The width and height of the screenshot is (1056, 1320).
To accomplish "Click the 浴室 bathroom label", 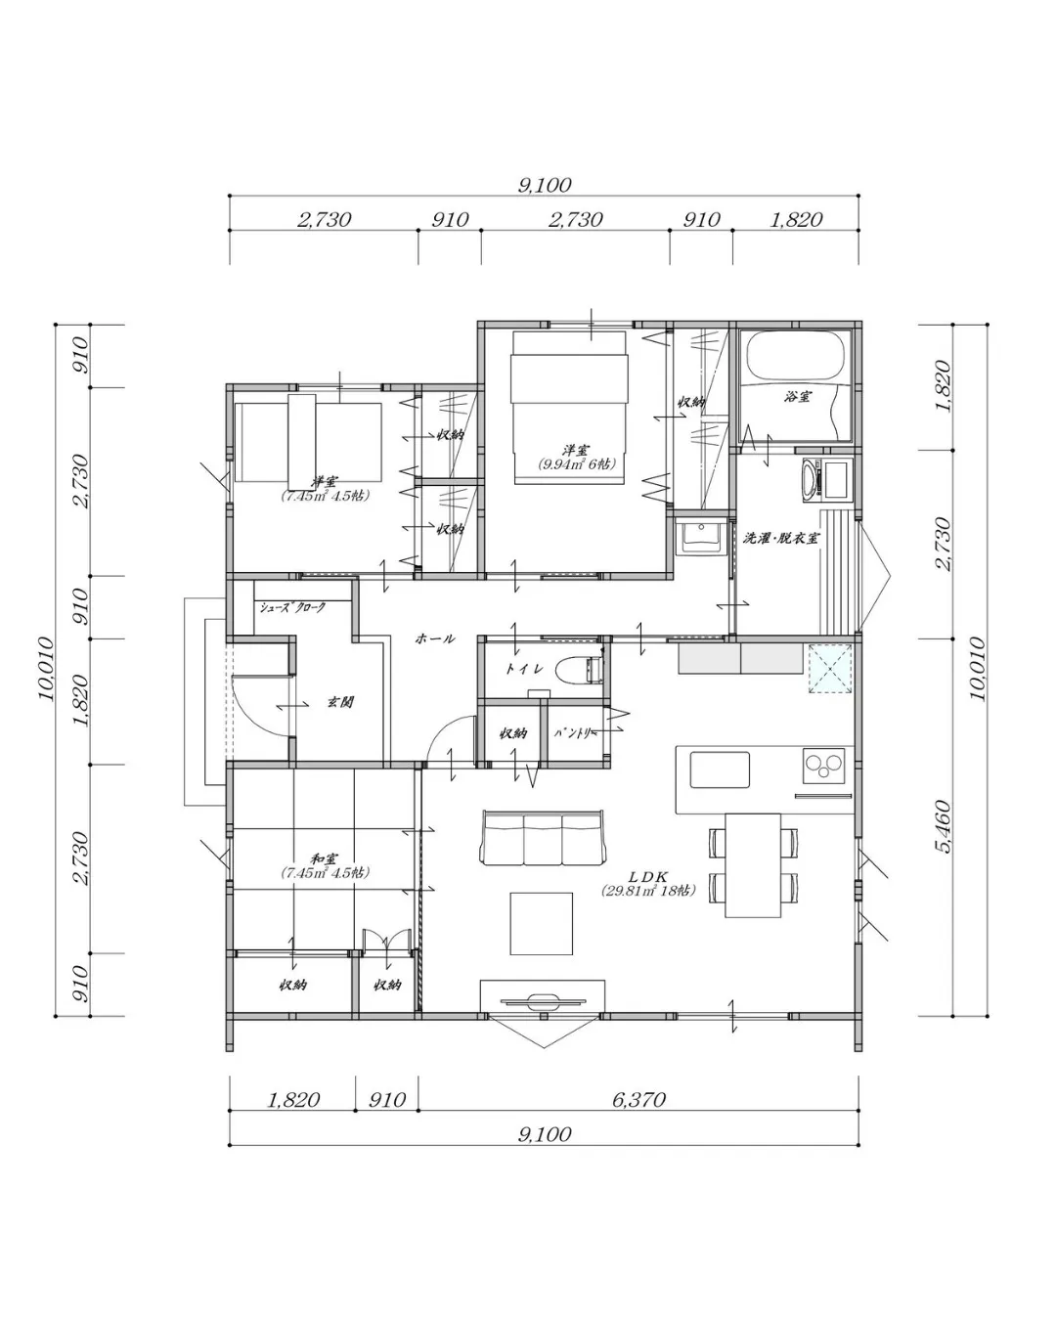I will tap(797, 397).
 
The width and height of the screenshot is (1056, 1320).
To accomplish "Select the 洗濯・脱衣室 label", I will tap(780, 538).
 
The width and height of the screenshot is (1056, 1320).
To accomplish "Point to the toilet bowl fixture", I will tap(577, 671).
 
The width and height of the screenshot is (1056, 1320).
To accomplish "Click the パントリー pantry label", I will tap(573, 732).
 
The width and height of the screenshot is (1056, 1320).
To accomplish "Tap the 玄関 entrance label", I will tap(339, 702).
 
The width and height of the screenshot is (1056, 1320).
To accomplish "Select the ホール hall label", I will tap(435, 638).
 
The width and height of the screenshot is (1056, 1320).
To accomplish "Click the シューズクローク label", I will tap(291, 607).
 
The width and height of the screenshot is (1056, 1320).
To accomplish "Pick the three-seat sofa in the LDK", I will tap(544, 838).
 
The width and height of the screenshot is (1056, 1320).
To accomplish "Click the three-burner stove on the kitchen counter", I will tap(823, 765).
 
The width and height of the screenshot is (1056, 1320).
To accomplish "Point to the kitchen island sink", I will tap(720, 770).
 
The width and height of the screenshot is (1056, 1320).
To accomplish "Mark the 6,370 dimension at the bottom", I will tap(638, 1100).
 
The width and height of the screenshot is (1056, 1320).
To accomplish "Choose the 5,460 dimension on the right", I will tap(945, 828).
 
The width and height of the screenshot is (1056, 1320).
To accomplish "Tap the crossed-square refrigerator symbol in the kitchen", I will tap(830, 669).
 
